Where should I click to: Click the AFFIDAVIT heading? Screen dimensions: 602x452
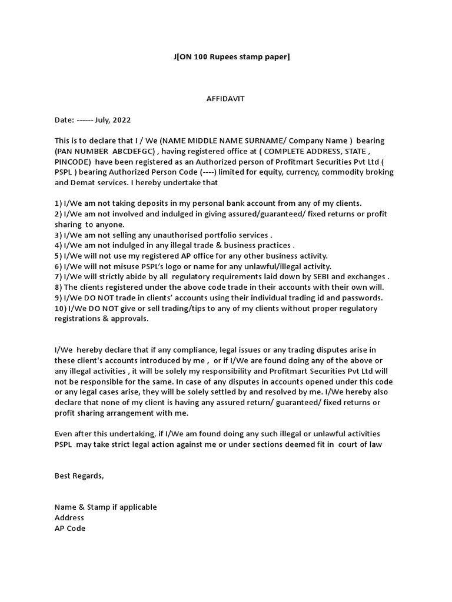[x=225, y=99]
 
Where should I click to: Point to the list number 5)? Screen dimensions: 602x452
[x=58, y=256]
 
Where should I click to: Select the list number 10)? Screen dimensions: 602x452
[x=61, y=309]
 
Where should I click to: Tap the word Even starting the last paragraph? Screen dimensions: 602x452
[x=64, y=434]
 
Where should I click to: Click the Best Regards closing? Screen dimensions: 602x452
[x=79, y=476]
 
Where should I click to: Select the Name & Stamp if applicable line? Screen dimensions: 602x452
[x=105, y=507]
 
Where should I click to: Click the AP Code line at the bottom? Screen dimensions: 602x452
[x=69, y=528]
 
